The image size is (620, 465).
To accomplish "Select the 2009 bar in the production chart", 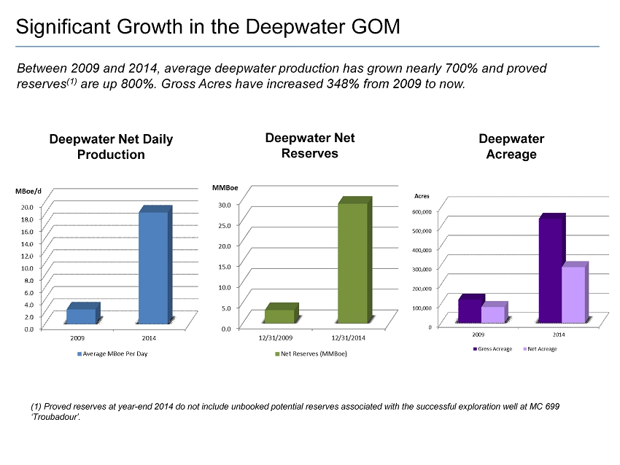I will pos(81,316).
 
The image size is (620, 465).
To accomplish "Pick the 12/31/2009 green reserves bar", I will pos(279,316).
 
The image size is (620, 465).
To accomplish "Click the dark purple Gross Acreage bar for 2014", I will pos(551,269).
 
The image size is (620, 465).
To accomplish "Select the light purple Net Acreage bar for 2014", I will pos(573,294).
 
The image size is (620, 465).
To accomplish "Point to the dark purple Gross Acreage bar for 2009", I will pos(470,310).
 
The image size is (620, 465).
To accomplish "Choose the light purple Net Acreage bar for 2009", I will pos(492,314).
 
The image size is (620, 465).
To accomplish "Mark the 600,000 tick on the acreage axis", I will pos(423,211).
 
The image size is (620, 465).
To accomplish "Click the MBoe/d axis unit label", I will pos(28,191).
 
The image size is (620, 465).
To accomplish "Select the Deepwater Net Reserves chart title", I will pos(310,145).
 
